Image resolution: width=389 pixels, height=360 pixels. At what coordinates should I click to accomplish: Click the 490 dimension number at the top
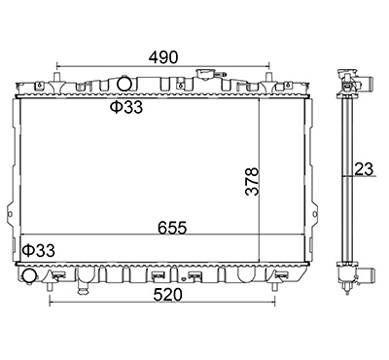[x=163, y=57]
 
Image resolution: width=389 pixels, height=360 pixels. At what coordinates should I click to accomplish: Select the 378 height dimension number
[x=252, y=181]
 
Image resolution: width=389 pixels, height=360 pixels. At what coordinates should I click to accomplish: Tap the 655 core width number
[x=172, y=228]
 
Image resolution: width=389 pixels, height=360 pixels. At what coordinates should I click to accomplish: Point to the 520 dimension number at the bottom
[x=168, y=295]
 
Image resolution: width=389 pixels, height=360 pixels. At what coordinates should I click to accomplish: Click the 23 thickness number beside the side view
[x=364, y=169]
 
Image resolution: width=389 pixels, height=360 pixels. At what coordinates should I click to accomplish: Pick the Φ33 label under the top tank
[x=126, y=107]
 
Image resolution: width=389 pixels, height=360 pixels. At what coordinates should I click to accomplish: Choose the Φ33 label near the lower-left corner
[x=39, y=250]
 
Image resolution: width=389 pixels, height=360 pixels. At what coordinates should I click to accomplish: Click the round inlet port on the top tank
[x=124, y=83]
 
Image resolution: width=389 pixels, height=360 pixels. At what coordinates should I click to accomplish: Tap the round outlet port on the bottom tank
[x=29, y=275]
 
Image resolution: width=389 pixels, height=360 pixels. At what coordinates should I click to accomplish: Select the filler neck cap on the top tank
[x=205, y=74]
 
